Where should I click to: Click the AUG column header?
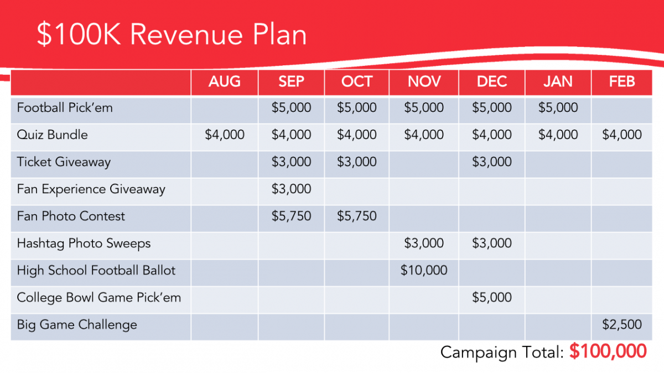click(224, 82)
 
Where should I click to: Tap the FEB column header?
click(622, 82)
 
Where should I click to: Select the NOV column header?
click(424, 82)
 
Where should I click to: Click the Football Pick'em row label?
click(65, 107)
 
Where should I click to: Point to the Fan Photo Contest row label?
click(71, 216)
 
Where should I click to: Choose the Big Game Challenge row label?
click(77, 324)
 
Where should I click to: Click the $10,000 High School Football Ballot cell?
click(424, 270)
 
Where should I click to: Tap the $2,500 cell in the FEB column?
click(622, 324)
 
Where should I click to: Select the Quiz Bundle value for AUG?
click(224, 134)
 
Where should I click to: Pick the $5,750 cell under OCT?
click(357, 216)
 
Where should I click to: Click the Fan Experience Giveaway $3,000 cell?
click(291, 189)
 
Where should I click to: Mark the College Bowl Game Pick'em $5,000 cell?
click(491, 297)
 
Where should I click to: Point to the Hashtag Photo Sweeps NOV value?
click(424, 243)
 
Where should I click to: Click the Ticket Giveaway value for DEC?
click(491, 162)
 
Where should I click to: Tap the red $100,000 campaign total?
click(608, 351)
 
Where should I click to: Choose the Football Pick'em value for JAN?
click(558, 107)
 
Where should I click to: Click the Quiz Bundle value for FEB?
click(622, 134)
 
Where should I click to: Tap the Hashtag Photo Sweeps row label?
click(84, 243)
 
